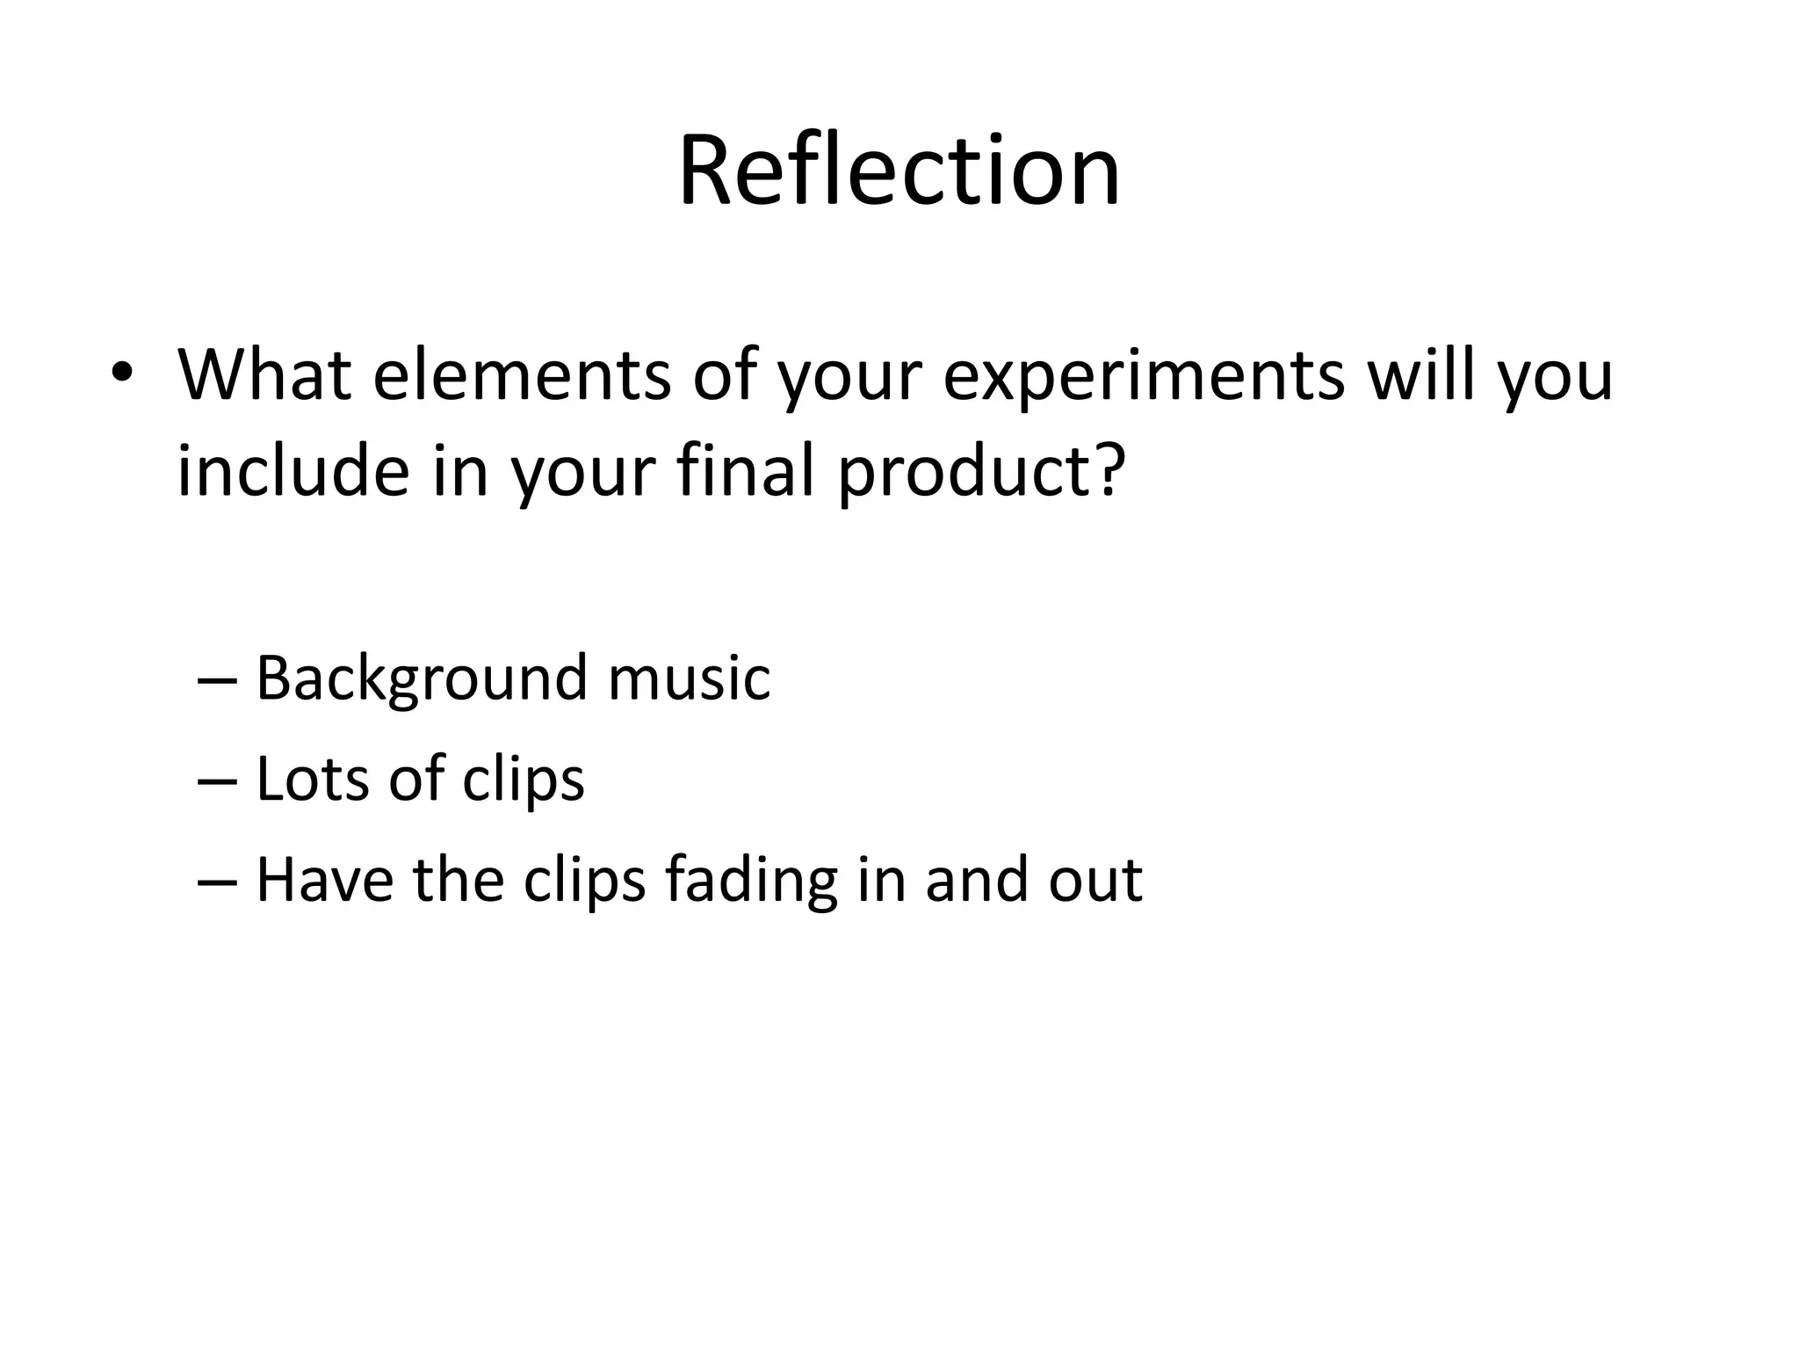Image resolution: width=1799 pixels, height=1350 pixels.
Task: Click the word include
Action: click(x=293, y=470)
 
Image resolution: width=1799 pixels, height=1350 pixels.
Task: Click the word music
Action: click(x=689, y=679)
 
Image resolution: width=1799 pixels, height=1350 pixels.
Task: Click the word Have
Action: click(x=325, y=880)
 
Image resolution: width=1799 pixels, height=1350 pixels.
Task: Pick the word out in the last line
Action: click(x=1095, y=880)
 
